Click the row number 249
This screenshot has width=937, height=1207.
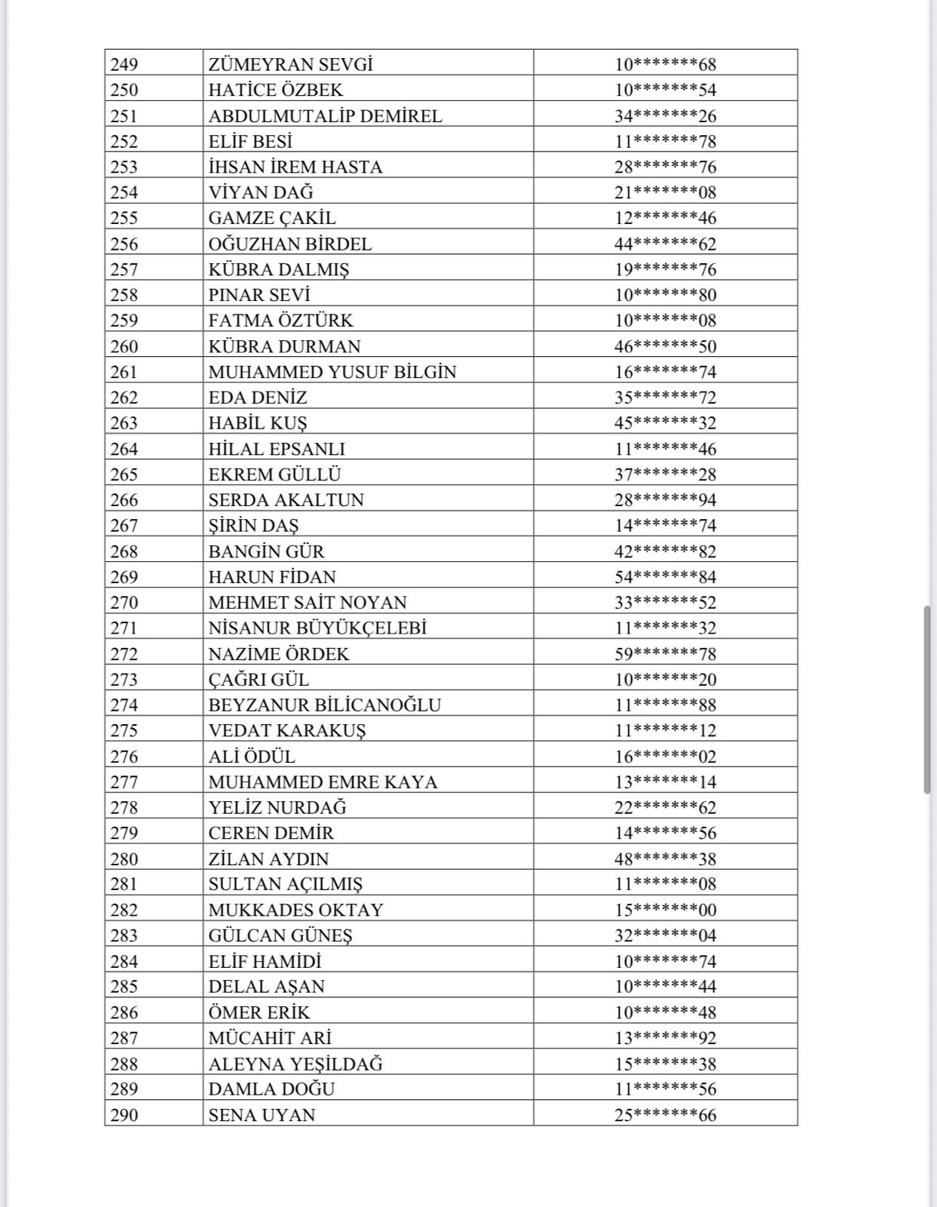(124, 64)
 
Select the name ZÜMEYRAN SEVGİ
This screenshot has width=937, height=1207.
(290, 64)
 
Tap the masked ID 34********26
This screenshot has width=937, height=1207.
(665, 115)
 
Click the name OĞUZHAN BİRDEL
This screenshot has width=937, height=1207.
(290, 244)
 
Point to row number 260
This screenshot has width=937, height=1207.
(124, 346)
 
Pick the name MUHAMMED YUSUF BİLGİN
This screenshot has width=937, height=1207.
(332, 372)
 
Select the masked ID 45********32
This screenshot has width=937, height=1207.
(665, 422)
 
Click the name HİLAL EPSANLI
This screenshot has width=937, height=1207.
(277, 449)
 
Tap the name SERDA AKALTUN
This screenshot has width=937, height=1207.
(286, 499)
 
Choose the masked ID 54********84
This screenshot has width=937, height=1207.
(665, 576)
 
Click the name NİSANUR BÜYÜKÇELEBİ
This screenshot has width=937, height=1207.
(317, 628)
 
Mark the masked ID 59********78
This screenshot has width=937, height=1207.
(665, 653)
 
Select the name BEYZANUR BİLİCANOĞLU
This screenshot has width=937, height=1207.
(325, 705)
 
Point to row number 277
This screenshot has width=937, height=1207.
(124, 782)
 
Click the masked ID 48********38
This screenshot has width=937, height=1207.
(665, 858)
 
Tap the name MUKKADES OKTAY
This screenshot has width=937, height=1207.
(295, 910)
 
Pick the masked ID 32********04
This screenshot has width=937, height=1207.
(665, 935)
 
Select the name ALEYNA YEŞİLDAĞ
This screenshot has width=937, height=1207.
(295, 1064)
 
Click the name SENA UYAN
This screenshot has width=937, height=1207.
(262, 1115)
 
